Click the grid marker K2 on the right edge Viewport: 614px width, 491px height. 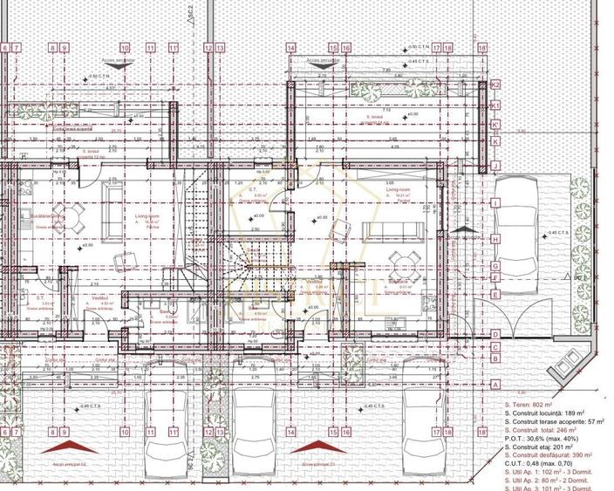click(495, 85)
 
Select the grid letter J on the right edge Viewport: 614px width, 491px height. click(495, 165)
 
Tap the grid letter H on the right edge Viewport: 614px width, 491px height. click(495, 238)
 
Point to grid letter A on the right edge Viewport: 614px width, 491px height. click(495, 385)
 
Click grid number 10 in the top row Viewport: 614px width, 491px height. click(125, 50)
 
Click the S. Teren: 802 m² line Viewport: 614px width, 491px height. click(533, 406)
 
